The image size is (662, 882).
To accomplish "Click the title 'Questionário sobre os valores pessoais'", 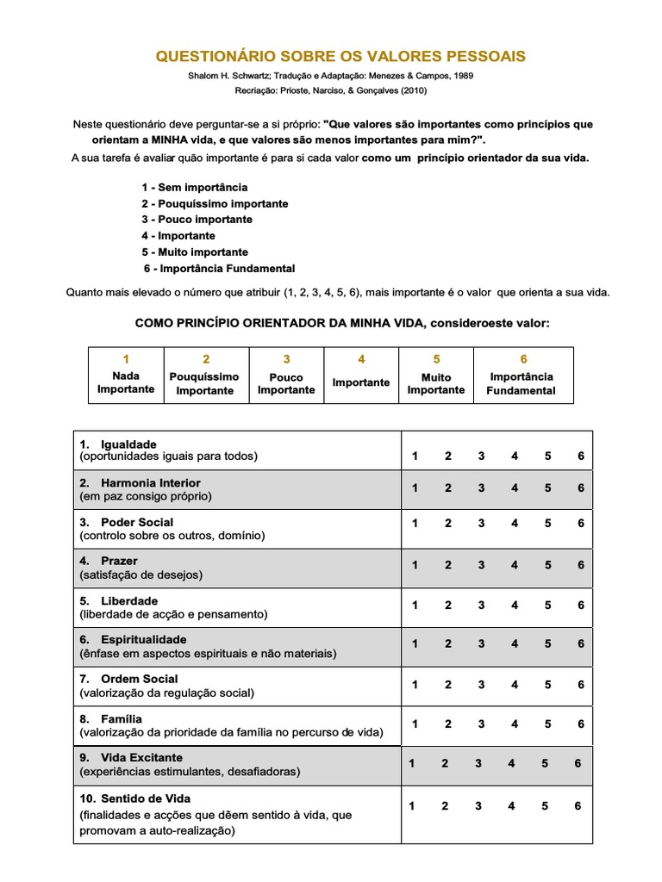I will pos(340,57).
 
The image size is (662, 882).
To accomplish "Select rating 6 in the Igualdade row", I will pos(581,456).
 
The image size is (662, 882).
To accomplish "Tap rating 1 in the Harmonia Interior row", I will pos(415,488).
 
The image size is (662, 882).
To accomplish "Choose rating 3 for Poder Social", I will pos(481,523).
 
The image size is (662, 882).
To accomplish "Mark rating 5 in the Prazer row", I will pos(547,565).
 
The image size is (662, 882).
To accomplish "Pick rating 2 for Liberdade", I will pos(447,606).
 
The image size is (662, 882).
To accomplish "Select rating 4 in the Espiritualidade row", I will pos(515,643).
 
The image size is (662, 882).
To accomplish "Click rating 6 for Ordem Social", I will pos(581,685).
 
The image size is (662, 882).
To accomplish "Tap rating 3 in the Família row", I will pos(481,724).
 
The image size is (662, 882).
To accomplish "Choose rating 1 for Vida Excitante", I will pos(411,763).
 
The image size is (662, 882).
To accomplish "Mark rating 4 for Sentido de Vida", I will pos(512,806).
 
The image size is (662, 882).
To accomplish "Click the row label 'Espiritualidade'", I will pos(143,640).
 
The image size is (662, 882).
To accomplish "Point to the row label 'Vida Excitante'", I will pos(141,757).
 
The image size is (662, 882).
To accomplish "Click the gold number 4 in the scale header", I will pos(361,359).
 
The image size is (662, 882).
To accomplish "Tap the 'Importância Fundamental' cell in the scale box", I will pos(522,383).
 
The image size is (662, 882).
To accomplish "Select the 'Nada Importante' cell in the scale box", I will pos(126,382).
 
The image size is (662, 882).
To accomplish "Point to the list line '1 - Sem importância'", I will pos(195,187).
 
